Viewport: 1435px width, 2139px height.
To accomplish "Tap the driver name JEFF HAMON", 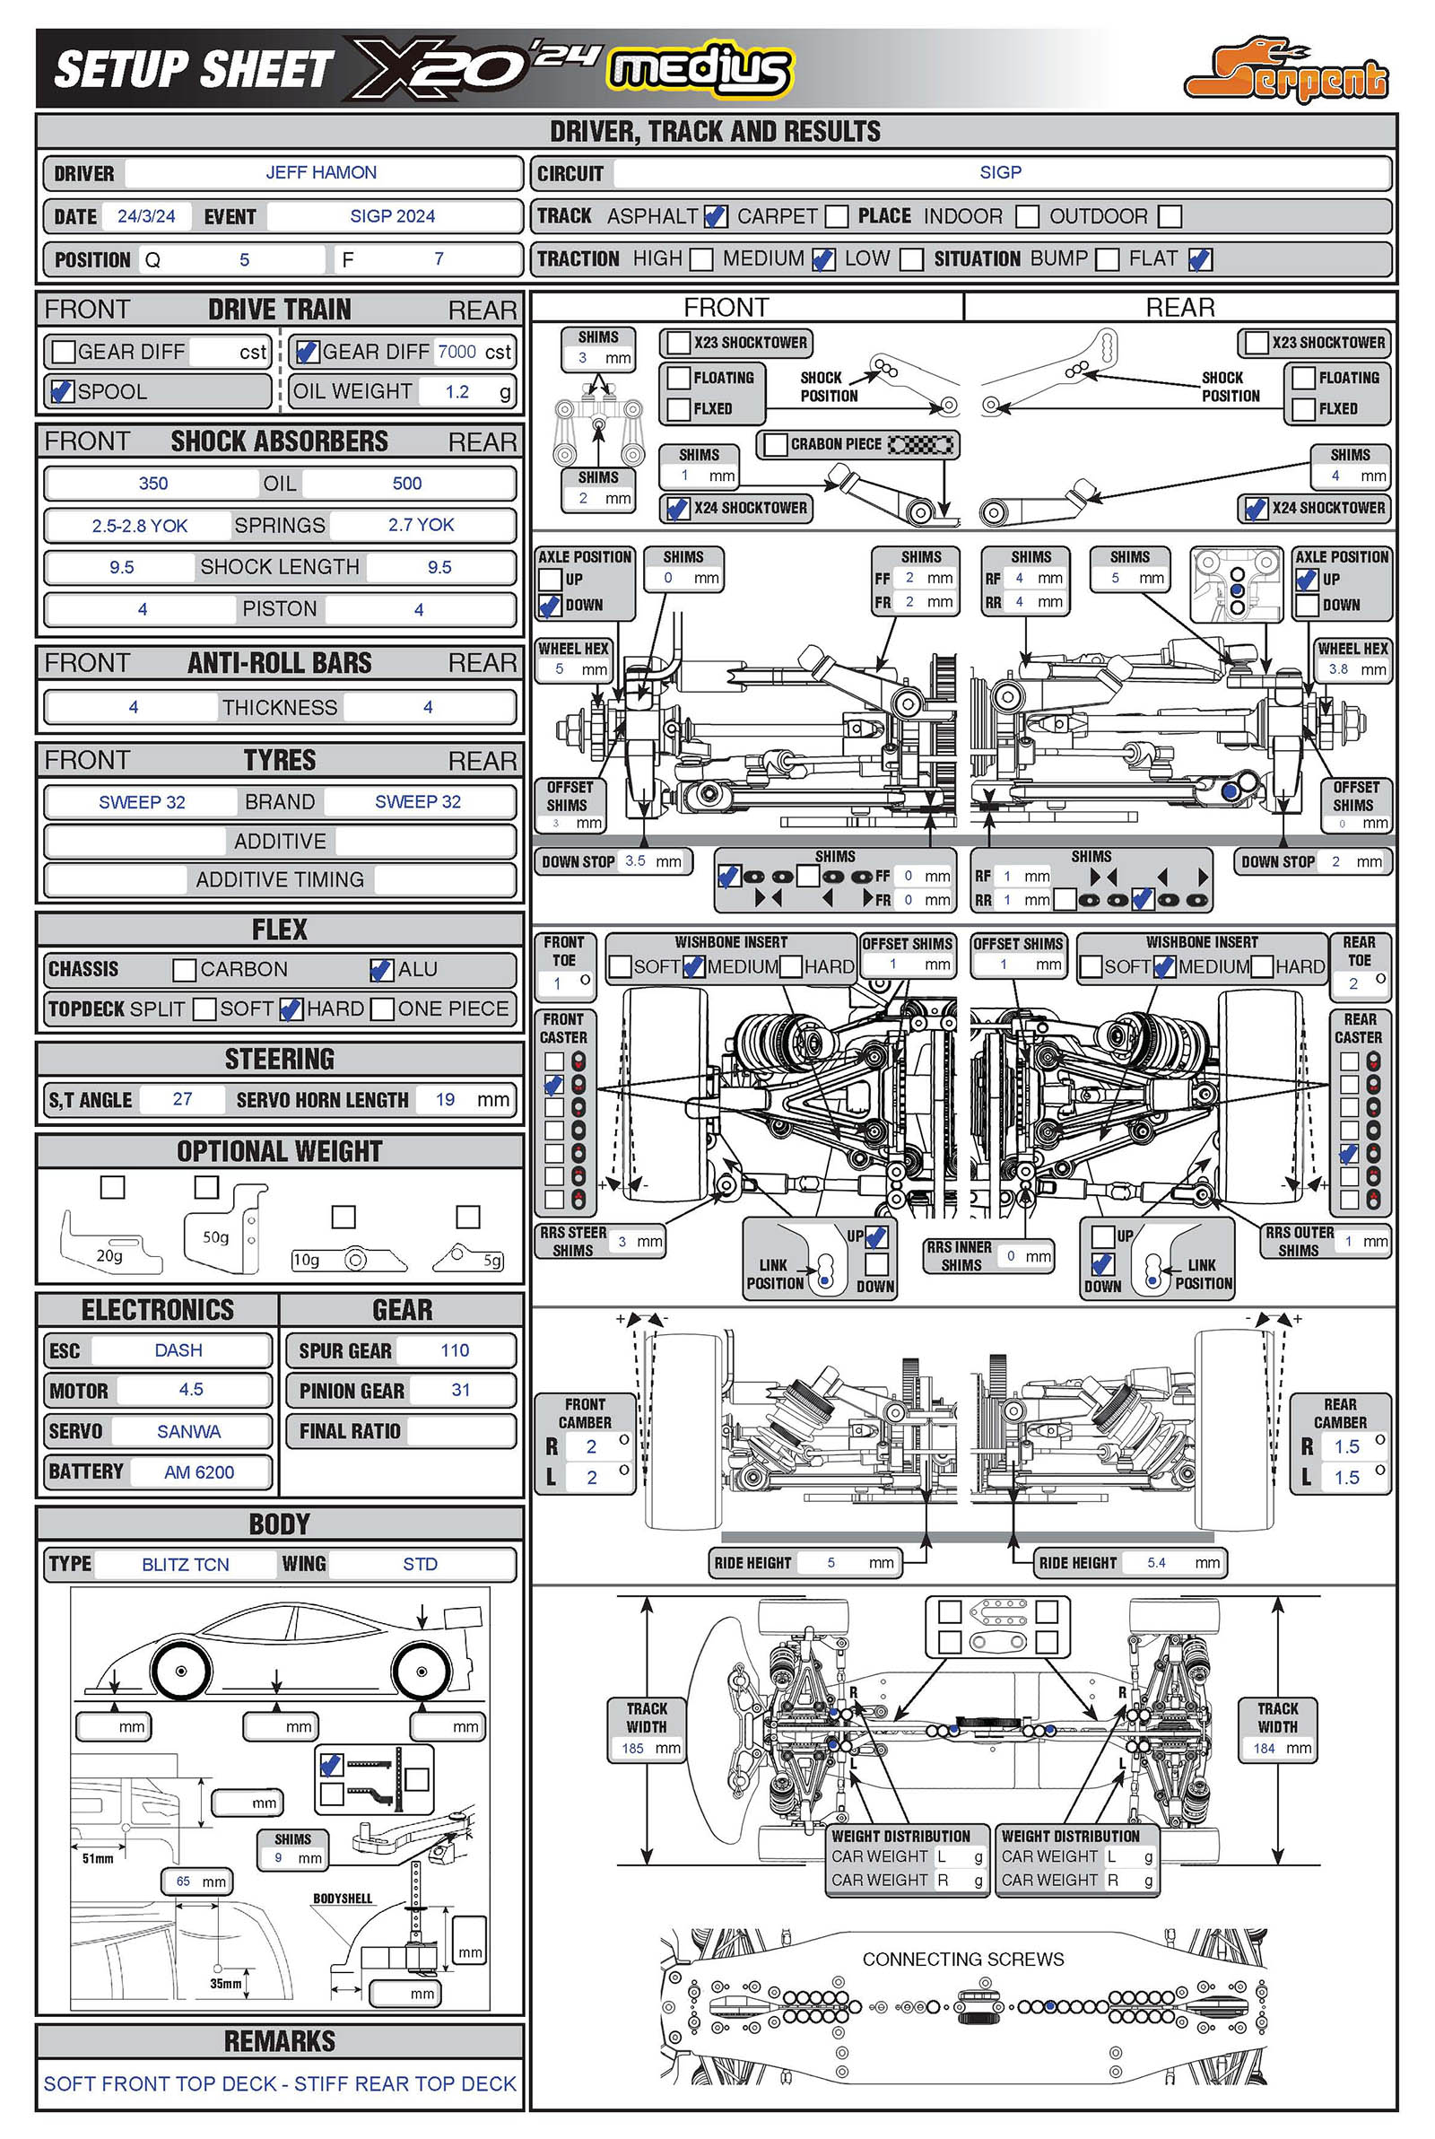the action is [x=321, y=172].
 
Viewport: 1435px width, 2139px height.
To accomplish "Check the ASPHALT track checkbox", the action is [x=715, y=216].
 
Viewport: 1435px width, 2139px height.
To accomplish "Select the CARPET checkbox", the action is [x=837, y=216].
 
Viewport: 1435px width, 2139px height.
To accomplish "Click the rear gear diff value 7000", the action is [x=457, y=352].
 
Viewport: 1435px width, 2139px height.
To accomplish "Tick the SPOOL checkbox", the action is [x=62, y=391].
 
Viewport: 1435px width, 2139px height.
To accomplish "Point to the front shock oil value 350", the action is [x=152, y=484].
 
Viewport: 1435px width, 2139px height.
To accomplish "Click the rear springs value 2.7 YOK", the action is [x=421, y=525].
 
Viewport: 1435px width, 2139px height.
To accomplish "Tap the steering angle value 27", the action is [x=182, y=1098].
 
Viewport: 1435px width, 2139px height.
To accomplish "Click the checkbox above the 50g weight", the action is [x=207, y=1186].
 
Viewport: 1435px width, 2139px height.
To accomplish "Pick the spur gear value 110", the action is [x=455, y=1350].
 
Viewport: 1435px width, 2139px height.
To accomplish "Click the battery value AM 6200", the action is [x=199, y=1471].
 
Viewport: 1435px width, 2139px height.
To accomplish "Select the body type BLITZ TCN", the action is [x=186, y=1564].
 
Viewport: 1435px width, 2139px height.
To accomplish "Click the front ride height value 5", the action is [x=831, y=1562].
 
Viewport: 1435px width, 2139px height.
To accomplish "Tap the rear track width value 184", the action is [x=1264, y=1748].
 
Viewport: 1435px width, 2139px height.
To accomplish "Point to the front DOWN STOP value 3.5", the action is [x=635, y=860].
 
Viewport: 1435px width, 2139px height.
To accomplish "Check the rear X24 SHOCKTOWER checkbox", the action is [x=1254, y=508].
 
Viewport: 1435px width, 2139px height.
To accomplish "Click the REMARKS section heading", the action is [x=280, y=2041].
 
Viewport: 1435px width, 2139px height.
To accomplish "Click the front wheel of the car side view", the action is [x=181, y=1671].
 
